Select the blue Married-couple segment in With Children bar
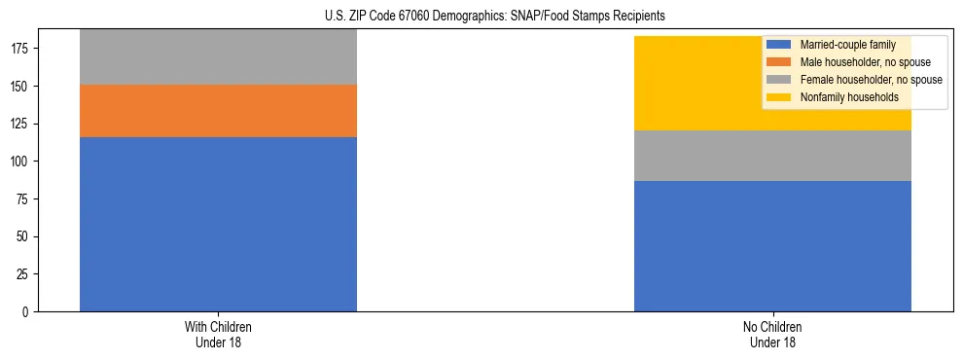[218, 224]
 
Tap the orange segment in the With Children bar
[218, 111]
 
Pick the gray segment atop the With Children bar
[218, 57]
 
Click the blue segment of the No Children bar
[772, 246]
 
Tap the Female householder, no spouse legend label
[871, 80]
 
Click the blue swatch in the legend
[779, 45]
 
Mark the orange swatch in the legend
[779, 62]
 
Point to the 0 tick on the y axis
[28, 312]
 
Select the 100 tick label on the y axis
[22, 162]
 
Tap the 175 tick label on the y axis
[22, 49]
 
